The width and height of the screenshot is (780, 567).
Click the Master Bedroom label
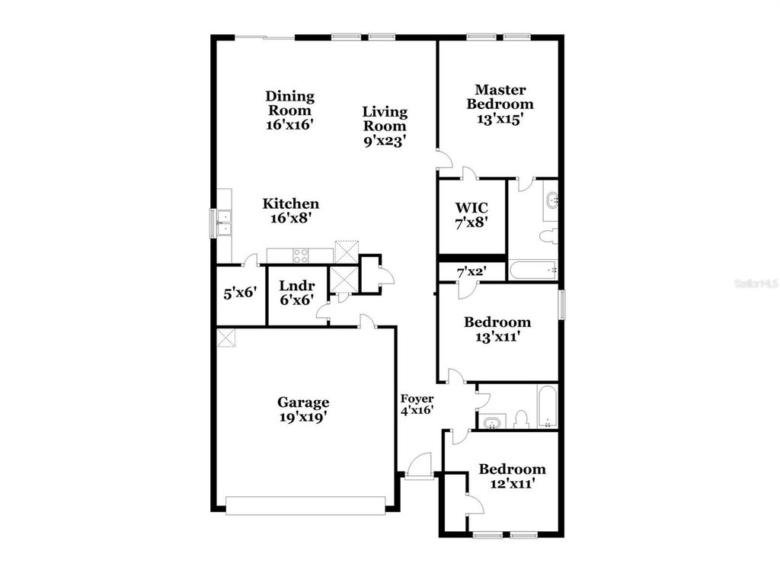click(500, 104)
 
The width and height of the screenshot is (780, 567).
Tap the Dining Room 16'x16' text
click(289, 111)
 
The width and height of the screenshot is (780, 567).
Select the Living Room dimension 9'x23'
click(384, 140)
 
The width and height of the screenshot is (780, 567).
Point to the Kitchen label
click(290, 204)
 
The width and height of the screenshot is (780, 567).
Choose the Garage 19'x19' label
click(302, 409)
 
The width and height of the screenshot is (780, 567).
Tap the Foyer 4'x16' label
click(417, 404)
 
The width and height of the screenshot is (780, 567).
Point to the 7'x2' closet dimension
click(471, 271)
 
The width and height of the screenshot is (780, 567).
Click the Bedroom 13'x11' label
click(497, 328)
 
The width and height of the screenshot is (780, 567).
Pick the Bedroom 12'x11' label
click(512, 476)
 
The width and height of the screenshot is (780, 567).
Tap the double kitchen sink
click(224, 223)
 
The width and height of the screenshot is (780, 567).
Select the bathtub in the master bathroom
click(533, 269)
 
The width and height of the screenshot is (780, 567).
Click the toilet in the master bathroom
click(548, 236)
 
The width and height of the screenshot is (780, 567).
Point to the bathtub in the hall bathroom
click(548, 407)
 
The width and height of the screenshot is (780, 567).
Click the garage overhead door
click(306, 506)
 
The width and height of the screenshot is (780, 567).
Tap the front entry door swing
click(420, 465)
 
